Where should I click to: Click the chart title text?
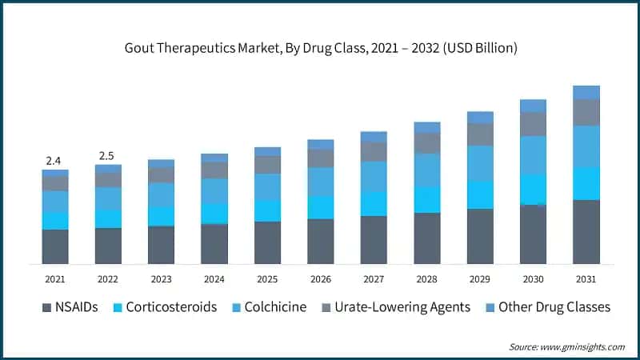pyautogui.click(x=320, y=48)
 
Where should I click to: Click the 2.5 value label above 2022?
pyautogui.click(x=107, y=154)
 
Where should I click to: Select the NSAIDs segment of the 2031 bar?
pyautogui.click(x=586, y=232)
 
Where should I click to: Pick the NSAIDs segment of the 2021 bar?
pyautogui.click(x=55, y=246)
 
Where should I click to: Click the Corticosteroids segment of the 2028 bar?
pyautogui.click(x=427, y=199)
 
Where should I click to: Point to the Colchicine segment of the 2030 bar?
pyautogui.click(x=534, y=155)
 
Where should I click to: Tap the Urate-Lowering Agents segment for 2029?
pyautogui.click(x=480, y=134)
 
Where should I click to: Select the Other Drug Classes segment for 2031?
pyautogui.click(x=586, y=92)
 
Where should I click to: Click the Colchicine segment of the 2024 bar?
pyautogui.click(x=214, y=190)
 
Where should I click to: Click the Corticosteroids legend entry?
pyautogui.click(x=163, y=307)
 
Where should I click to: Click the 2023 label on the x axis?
pyautogui.click(x=161, y=279)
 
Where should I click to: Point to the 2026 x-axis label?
pyautogui.click(x=321, y=279)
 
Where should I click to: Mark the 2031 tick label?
pyautogui.click(x=586, y=279)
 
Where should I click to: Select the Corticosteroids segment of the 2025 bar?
pyautogui.click(x=267, y=210)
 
